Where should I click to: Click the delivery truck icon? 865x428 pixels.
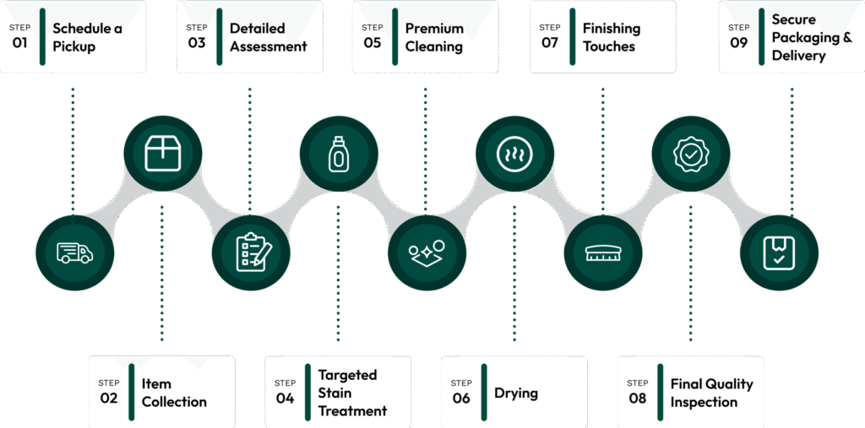pyautogui.click(x=74, y=252)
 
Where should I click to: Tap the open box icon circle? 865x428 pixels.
pyautogui.click(x=162, y=154)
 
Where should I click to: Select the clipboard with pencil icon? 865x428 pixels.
pyautogui.click(x=251, y=252)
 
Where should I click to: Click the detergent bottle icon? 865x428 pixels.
pyautogui.click(x=338, y=154)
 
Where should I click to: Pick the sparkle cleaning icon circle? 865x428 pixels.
pyautogui.click(x=426, y=252)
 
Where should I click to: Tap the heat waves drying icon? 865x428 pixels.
pyautogui.click(x=514, y=154)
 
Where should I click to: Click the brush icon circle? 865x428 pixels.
pyautogui.click(x=603, y=252)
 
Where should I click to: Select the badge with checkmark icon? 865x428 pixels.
pyautogui.click(x=690, y=154)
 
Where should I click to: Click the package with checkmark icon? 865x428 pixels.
pyautogui.click(x=779, y=252)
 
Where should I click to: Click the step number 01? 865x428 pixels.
pyautogui.click(x=19, y=42)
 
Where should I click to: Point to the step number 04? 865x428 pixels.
pyautogui.click(x=285, y=398)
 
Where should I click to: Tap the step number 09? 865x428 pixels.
pyautogui.click(x=739, y=42)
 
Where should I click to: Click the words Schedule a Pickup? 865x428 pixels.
pyautogui.click(x=87, y=37)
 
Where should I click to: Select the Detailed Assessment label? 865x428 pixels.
pyautogui.click(x=268, y=37)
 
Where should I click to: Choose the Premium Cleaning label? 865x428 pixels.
pyautogui.click(x=434, y=37)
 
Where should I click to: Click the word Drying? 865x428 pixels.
pyautogui.click(x=516, y=393)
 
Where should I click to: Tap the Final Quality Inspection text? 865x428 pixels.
pyautogui.click(x=711, y=393)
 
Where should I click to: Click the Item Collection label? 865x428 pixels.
pyautogui.click(x=174, y=393)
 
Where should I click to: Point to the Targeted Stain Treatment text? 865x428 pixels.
pyautogui.click(x=352, y=393)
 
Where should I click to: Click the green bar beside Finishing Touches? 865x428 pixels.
pyautogui.click(x=572, y=36)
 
